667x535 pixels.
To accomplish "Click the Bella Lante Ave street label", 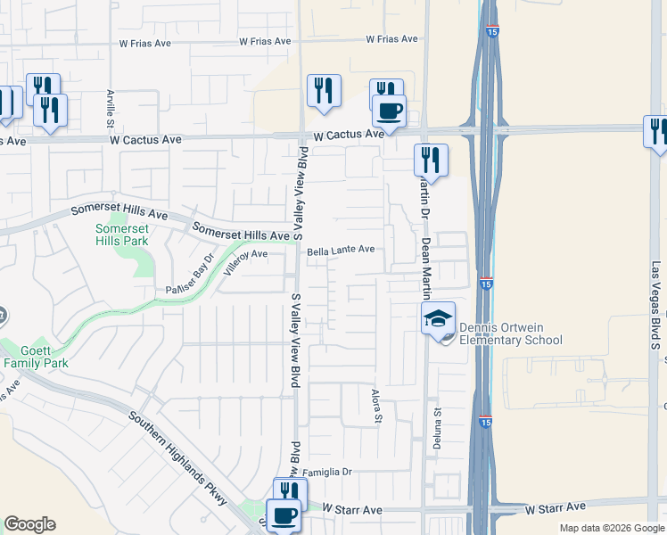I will [341, 251].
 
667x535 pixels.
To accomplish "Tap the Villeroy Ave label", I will [246, 255].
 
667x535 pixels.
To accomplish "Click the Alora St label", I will [376, 406].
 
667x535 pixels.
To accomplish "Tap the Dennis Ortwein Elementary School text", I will [511, 333].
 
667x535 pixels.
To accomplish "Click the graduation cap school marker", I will [439, 319].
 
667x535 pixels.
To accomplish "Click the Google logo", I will [29, 524].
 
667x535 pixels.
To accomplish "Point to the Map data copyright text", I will [612, 529].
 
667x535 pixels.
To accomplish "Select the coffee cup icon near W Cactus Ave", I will [388, 111].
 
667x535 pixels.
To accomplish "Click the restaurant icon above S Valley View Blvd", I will [324, 90].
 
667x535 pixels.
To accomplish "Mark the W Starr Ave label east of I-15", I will [556, 508].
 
